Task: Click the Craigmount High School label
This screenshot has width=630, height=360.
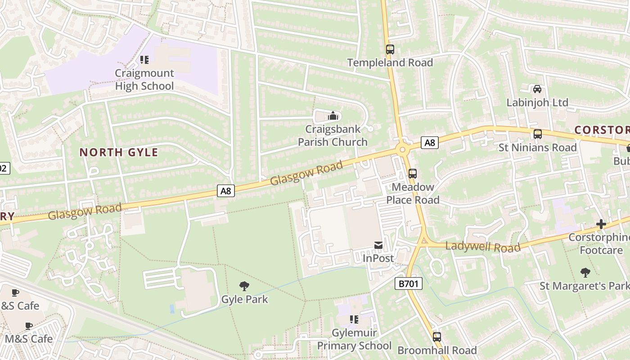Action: pyautogui.click(x=144, y=80)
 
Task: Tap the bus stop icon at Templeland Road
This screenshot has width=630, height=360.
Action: pyautogui.click(x=390, y=49)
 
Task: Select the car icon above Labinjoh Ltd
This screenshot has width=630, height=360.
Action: pyautogui.click(x=537, y=89)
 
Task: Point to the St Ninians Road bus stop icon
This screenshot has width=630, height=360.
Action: pyautogui.click(x=537, y=134)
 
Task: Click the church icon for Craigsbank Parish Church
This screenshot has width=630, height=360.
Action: pyautogui.click(x=333, y=116)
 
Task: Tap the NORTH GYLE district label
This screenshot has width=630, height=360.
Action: pyautogui.click(x=119, y=153)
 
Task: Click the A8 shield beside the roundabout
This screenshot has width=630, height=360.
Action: pyautogui.click(x=430, y=143)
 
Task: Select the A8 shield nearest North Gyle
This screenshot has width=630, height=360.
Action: pyautogui.click(x=226, y=191)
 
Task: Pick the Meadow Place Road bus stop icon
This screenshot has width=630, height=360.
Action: pyautogui.click(x=412, y=174)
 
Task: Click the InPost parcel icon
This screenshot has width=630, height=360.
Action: pyautogui.click(x=378, y=245)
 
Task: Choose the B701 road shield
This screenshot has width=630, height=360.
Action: pyautogui.click(x=409, y=283)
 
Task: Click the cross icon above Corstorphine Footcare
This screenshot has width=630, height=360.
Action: pyautogui.click(x=601, y=224)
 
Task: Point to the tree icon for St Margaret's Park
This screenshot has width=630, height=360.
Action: pyautogui.click(x=585, y=272)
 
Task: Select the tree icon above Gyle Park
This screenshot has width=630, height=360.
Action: pyautogui.click(x=244, y=286)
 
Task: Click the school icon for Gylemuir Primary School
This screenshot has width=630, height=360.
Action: pyautogui.click(x=354, y=319)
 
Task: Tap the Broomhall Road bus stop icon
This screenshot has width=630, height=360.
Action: pyautogui.click(x=436, y=337)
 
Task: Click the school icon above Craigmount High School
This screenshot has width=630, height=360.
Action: pyautogui.click(x=144, y=60)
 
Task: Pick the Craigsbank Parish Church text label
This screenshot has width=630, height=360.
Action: pyautogui.click(x=333, y=135)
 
